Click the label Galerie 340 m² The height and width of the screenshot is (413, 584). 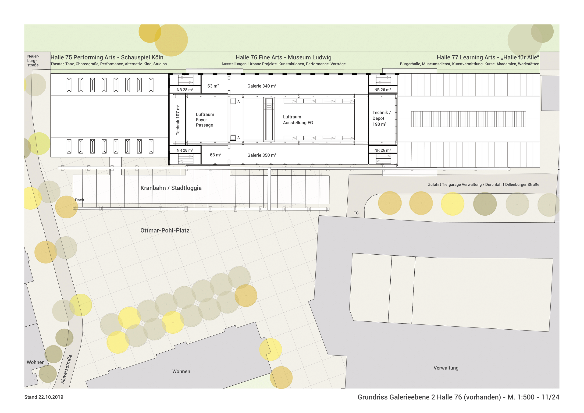coord(262,86)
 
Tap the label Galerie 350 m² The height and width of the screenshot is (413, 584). coord(262,155)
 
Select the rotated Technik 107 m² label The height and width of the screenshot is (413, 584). coord(178,120)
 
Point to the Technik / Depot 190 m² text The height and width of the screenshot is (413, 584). coord(381,118)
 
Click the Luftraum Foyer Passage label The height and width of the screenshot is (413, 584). coord(205,120)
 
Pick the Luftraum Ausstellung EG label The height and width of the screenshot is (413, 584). coord(298,120)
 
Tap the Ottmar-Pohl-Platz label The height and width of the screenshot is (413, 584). coord(165,230)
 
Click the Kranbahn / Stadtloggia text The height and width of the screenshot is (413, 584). coord(171,188)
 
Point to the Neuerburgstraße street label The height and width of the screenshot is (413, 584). coord(33,61)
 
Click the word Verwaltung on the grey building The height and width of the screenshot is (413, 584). coord(446,368)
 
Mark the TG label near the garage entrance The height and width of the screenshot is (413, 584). coord(356,213)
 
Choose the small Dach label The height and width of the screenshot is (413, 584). coord(79,200)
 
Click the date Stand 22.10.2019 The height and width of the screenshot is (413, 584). coord(44,397)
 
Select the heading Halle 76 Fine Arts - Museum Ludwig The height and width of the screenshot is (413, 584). coord(283,57)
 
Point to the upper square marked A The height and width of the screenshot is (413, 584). coord(233,101)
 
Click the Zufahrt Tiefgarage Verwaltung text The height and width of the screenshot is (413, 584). coord(483,184)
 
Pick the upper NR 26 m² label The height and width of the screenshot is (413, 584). coord(382,90)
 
